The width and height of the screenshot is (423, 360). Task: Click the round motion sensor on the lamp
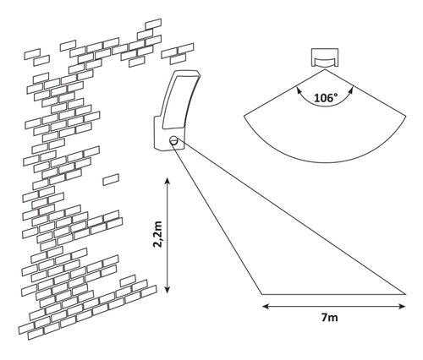tap(174, 140)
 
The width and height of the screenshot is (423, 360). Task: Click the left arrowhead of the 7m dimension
tap(263, 305)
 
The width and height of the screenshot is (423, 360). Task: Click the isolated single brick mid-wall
tap(111, 180)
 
